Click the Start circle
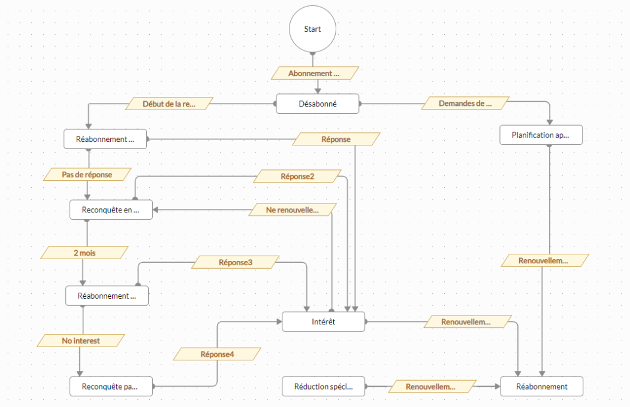[x=312, y=29]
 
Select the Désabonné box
[x=317, y=104]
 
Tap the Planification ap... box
[x=541, y=135]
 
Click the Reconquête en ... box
[x=110, y=210]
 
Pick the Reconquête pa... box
[x=110, y=386]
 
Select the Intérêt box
[x=323, y=322]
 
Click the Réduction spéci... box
[x=323, y=386]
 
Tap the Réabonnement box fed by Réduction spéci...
[x=541, y=386]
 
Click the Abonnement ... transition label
[x=315, y=73]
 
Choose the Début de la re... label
[x=169, y=104]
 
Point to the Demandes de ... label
[x=465, y=103]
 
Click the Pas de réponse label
[x=87, y=174]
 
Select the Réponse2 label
[x=297, y=176]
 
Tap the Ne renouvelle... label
[x=293, y=209]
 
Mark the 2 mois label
[x=84, y=253]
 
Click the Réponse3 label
[x=236, y=262]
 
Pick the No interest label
[x=81, y=341]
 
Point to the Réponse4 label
[x=217, y=354]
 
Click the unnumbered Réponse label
[x=336, y=139]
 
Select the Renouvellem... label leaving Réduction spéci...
[x=432, y=387]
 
